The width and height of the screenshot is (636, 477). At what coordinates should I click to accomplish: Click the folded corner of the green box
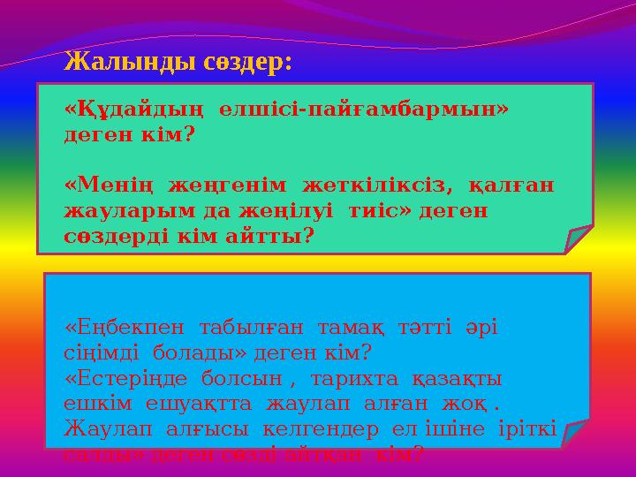click(x=579, y=238)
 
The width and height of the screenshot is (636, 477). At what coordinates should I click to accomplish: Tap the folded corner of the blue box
click(x=575, y=432)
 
